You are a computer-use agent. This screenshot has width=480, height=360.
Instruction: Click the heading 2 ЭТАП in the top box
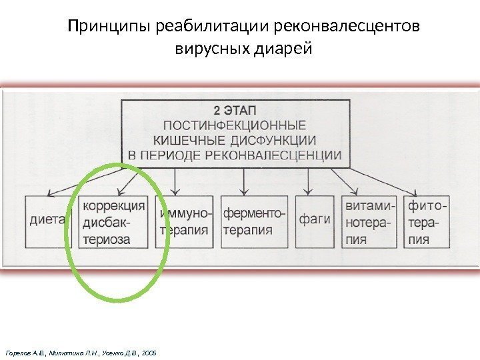click(235, 110)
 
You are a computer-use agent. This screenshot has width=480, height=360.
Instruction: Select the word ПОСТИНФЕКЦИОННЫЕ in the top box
click(235, 125)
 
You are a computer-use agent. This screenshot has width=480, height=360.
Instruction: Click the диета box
click(48, 220)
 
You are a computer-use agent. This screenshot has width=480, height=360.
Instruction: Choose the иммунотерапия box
click(185, 221)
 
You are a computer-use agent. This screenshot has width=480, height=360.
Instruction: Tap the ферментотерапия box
click(254, 221)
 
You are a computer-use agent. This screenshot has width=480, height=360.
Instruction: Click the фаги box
click(315, 220)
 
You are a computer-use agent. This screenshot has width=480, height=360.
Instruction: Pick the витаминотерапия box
click(369, 221)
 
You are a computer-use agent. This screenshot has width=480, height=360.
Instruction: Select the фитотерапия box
click(427, 221)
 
